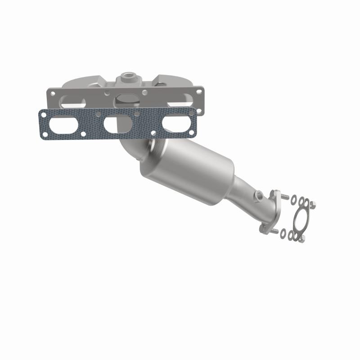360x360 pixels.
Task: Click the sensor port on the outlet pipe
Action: (259, 196)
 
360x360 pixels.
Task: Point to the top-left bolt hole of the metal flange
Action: (53, 93)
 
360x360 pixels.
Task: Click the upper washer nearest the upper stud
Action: (294, 198)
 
